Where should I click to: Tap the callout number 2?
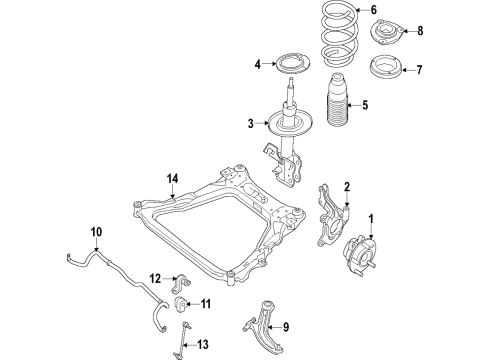tap(347, 186)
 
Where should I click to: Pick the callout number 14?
tap(171, 178)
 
